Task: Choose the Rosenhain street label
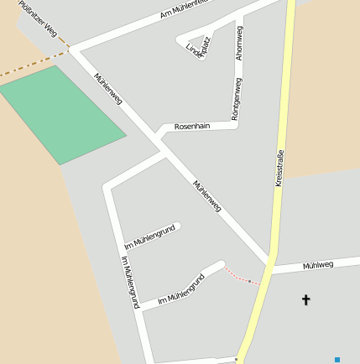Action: (x=190, y=126)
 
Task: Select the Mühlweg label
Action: (x=319, y=265)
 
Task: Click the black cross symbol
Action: (x=305, y=299)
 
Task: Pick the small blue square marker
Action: (x=337, y=359)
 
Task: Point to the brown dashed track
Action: (x=34, y=65)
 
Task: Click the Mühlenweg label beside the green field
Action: (x=108, y=88)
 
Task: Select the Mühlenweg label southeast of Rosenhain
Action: (x=207, y=195)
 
